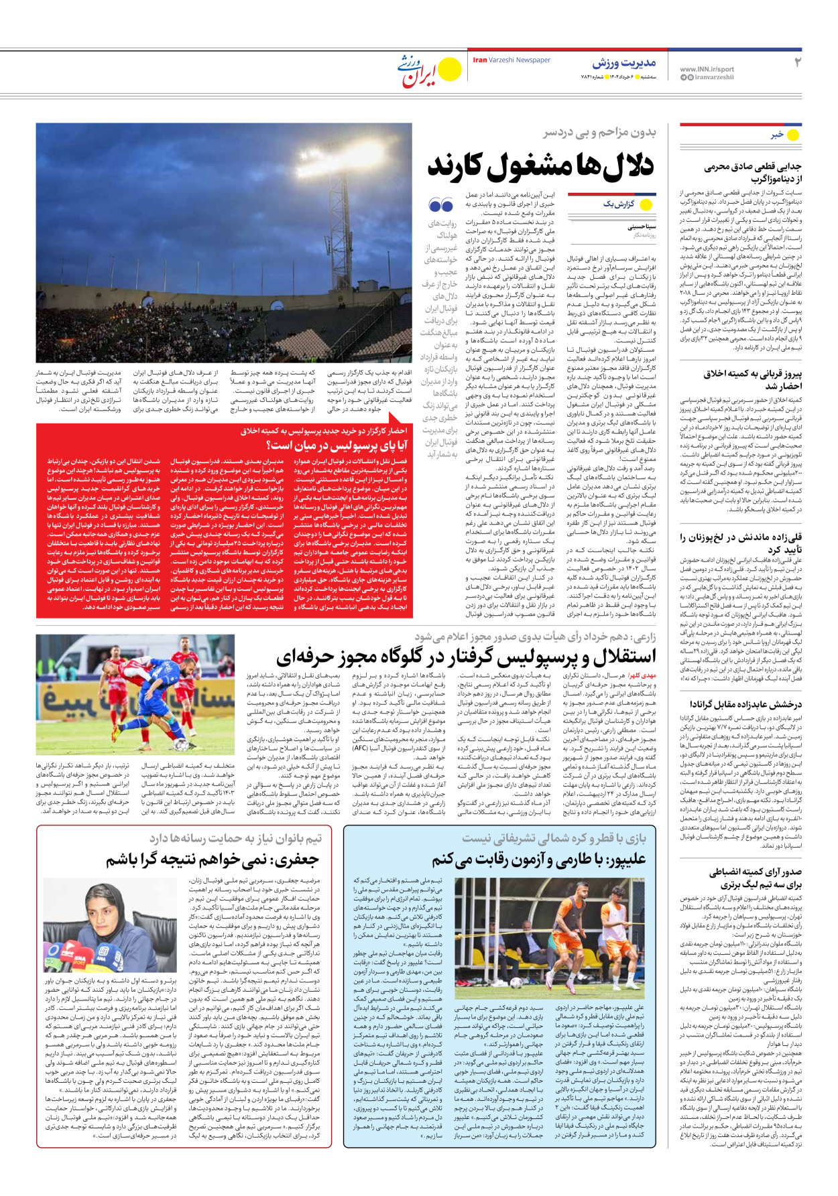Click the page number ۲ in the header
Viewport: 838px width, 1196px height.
pos(797,63)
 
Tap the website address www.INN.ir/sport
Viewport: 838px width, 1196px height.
pos(707,69)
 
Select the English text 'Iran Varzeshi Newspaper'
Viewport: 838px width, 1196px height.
pos(512,60)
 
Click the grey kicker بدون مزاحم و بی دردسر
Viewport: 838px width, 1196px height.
pos(599,133)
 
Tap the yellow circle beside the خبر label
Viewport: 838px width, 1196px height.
pos(793,135)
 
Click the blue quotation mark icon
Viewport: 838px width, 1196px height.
pos(441,206)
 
